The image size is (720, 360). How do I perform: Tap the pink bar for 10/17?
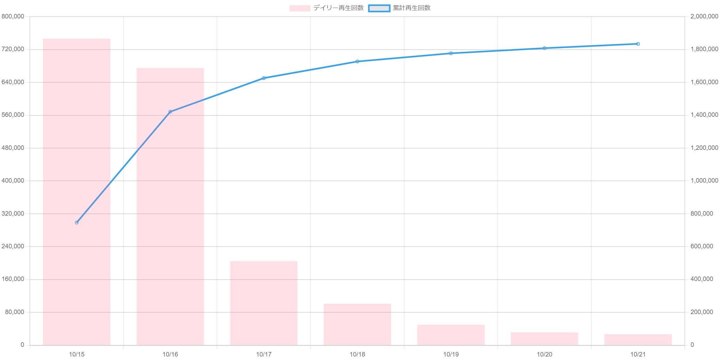pos(264,303)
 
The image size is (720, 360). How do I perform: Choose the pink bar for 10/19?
pos(451,335)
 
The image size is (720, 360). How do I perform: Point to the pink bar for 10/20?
pos(544,338)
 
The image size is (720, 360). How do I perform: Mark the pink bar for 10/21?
pos(638,339)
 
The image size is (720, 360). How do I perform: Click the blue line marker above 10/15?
pos(77,223)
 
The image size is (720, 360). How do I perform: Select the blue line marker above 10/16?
pos(170,112)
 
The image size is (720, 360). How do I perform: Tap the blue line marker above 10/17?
pos(264,78)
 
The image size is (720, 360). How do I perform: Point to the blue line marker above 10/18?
pos(357,62)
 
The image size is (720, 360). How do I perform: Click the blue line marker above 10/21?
pos(638,44)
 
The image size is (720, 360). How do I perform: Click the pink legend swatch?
pos(299,8)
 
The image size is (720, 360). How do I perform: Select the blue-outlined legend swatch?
pos(379,8)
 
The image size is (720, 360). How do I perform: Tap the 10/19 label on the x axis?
pos(451,354)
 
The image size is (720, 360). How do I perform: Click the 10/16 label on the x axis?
pos(170,354)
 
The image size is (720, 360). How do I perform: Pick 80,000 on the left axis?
pos(14,312)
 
